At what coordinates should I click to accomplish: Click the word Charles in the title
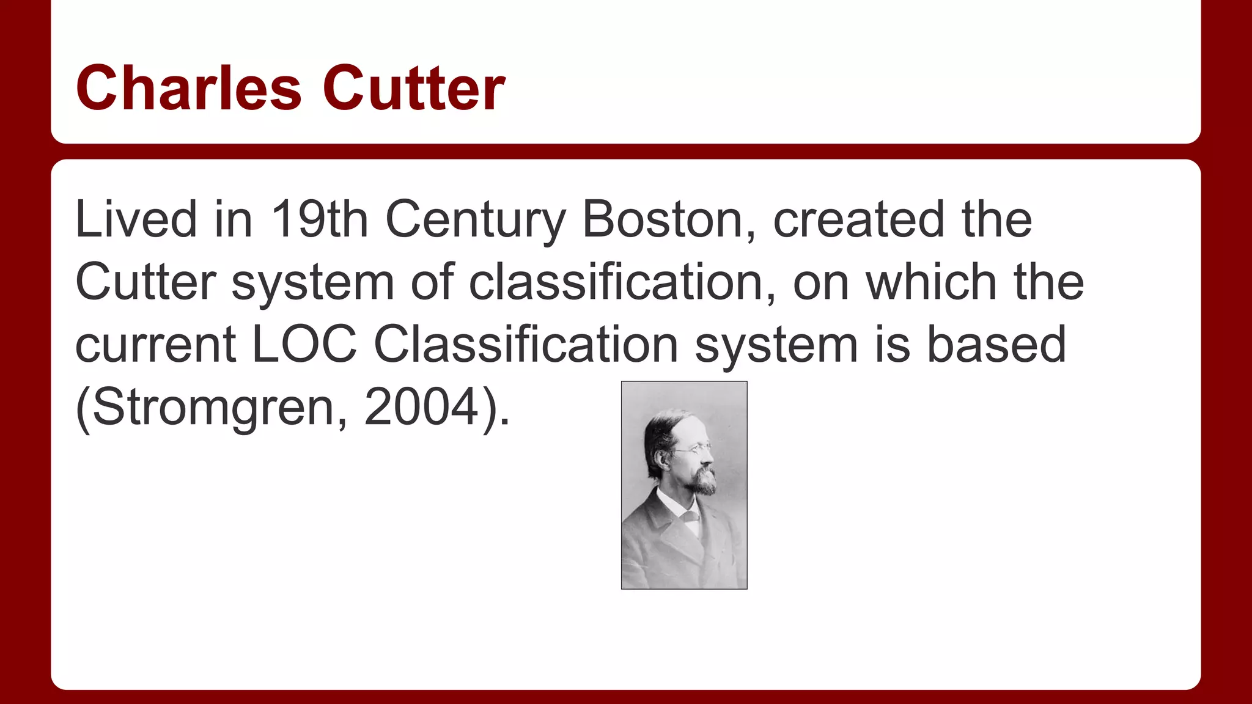[x=188, y=89]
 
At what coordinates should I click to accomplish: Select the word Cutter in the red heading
[x=414, y=89]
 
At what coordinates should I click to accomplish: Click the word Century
[x=476, y=220]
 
